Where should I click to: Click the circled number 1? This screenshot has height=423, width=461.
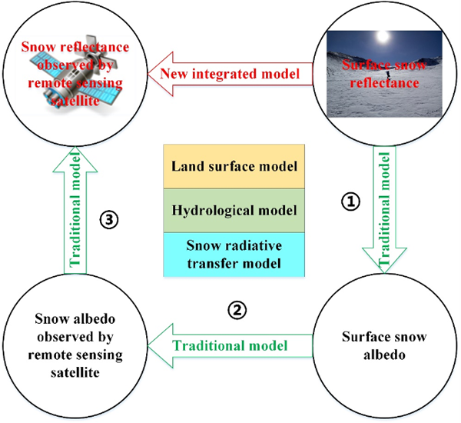pos(350,202)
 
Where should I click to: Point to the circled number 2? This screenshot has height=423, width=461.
pos(238,311)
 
